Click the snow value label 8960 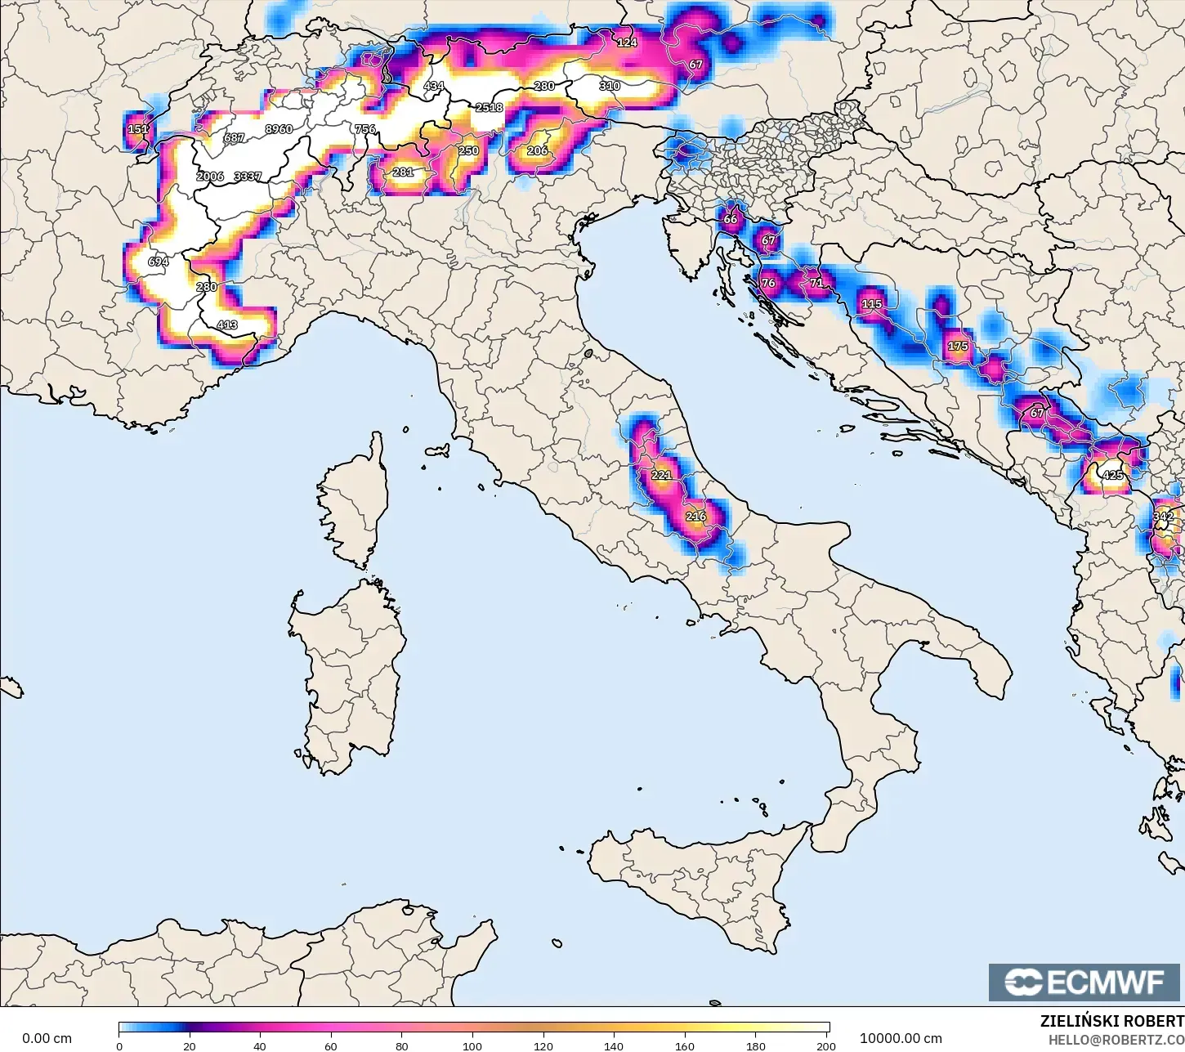pos(279,129)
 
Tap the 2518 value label pos(490,108)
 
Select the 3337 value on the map pos(248,177)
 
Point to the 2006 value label pos(210,177)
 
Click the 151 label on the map pos(138,129)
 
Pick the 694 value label pos(158,262)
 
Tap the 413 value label pos(227,325)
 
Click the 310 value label pos(610,86)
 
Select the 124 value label pos(627,43)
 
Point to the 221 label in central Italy pos(660,475)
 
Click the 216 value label pos(695,517)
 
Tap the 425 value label pos(1113,475)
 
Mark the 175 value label pos(958,347)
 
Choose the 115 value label pos(872,304)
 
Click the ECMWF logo pos(1085,982)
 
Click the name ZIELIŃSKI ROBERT pos(1111,1021)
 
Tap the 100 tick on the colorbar pos(472,1045)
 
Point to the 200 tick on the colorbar pos(826,1045)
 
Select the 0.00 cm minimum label pos(47,1039)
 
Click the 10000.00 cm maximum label pos(901,1039)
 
